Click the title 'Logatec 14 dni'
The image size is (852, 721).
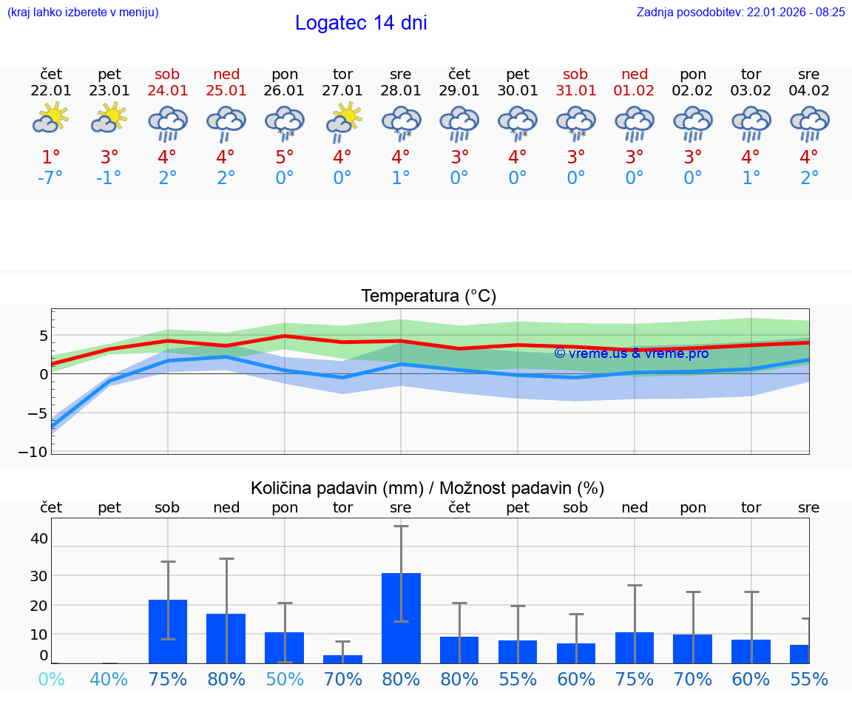point(361,23)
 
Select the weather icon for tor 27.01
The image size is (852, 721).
point(343,120)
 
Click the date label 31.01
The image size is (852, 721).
point(575,91)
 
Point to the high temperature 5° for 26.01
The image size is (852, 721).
point(285,158)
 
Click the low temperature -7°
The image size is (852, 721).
point(50,178)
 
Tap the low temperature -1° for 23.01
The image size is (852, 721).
point(109,178)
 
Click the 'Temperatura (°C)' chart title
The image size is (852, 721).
point(428,296)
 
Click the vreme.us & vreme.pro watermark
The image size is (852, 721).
point(631,353)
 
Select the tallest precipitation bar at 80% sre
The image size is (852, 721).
point(401,617)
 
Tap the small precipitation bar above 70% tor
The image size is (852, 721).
point(342,659)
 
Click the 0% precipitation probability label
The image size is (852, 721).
point(51,679)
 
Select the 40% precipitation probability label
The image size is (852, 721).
point(109,679)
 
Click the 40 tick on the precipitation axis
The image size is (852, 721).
point(38,538)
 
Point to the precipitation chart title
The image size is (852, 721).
point(427,488)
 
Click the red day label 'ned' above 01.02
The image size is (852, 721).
point(635,74)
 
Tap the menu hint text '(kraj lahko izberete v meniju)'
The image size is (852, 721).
point(83,12)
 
